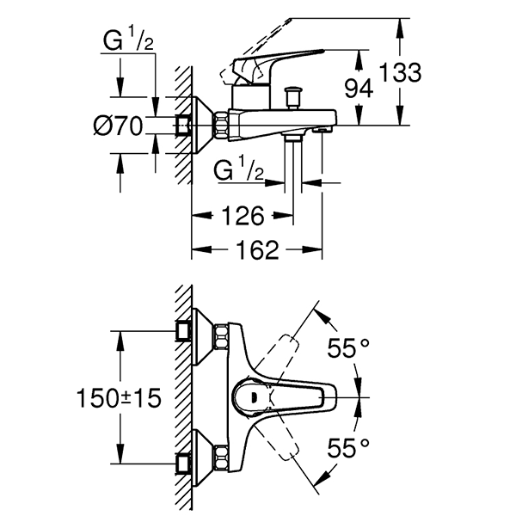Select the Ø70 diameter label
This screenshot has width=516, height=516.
[117, 126]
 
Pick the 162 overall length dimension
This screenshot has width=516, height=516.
[255, 249]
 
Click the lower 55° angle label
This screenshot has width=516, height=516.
[350, 446]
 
